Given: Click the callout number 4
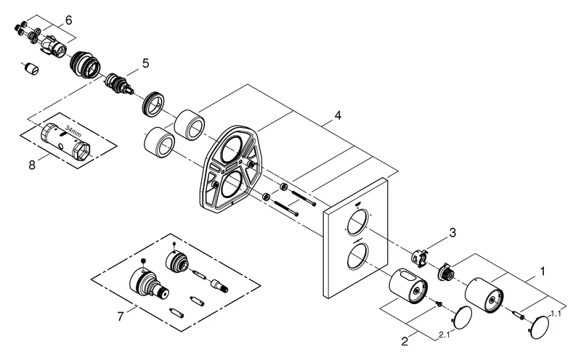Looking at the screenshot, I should [x=337, y=115].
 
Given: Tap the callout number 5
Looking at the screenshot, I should [x=145, y=63].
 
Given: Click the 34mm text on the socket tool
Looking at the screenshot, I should [x=71, y=131].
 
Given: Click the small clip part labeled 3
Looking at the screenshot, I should [x=418, y=257].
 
